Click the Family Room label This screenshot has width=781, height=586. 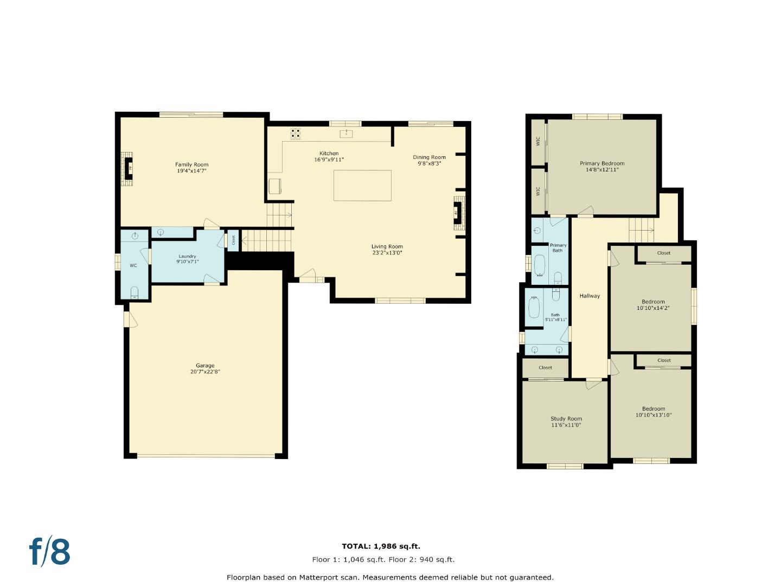pyautogui.click(x=191, y=164)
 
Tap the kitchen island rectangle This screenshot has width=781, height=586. pyautogui.click(x=362, y=186)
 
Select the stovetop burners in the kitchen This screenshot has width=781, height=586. pyautogui.click(x=296, y=133)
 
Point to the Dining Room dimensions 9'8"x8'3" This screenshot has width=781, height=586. pyautogui.click(x=429, y=163)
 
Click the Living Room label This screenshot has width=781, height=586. pyautogui.click(x=387, y=246)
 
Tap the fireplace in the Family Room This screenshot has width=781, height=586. pyautogui.click(x=129, y=168)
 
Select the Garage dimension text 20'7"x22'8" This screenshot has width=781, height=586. pyautogui.click(x=205, y=372)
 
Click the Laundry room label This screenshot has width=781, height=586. pyautogui.click(x=187, y=256)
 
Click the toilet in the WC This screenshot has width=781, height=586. pyautogui.click(x=135, y=293)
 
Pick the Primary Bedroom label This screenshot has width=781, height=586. pyautogui.click(x=602, y=163)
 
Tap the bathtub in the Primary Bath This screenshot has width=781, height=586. pyautogui.click(x=540, y=266)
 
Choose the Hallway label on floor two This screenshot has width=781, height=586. pyautogui.click(x=590, y=296)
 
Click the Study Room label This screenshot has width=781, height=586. pyautogui.click(x=566, y=418)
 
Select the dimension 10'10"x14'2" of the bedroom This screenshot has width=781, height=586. pyautogui.click(x=653, y=308)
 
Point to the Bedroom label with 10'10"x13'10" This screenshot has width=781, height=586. pyautogui.click(x=654, y=409)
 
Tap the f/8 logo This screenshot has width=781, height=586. pyautogui.click(x=50, y=552)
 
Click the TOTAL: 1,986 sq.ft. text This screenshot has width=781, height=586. pyautogui.click(x=381, y=546)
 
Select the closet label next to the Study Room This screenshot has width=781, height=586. pyautogui.click(x=545, y=367)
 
